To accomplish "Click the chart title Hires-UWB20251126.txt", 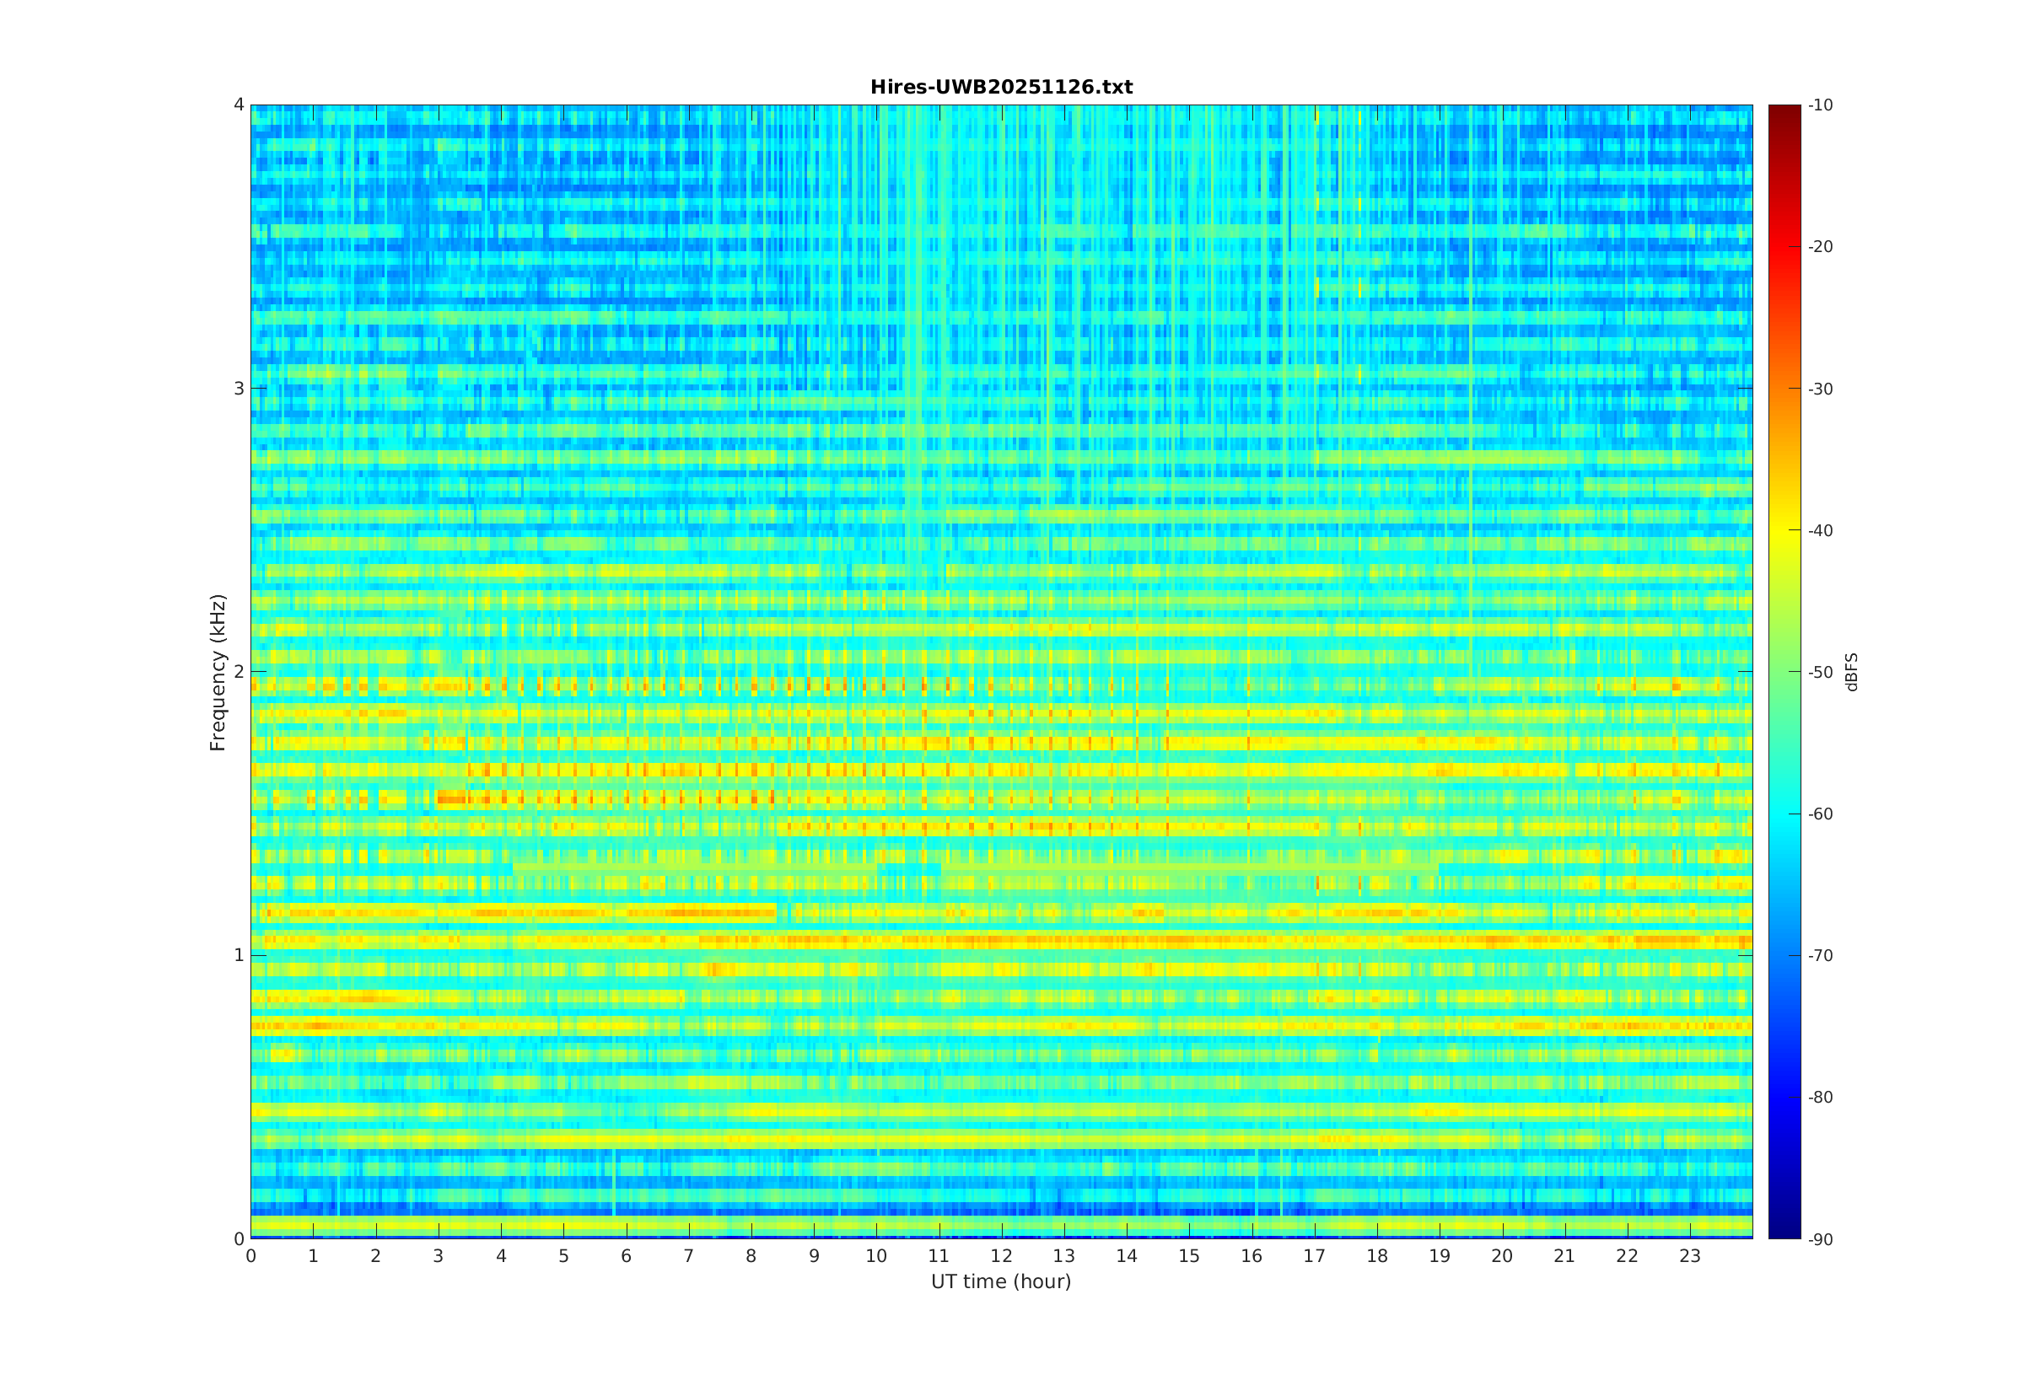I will tap(1001, 87).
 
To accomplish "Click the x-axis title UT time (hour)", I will tap(1001, 1281).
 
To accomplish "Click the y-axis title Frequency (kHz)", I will tap(218, 672).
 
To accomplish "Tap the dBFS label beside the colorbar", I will tap(1851, 672).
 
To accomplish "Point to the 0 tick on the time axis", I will tap(251, 1256).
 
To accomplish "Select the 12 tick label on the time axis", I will tap(1002, 1256).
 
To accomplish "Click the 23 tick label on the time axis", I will tap(1689, 1256).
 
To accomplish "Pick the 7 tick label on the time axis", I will tap(689, 1256).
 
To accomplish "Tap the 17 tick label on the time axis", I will tap(1315, 1256).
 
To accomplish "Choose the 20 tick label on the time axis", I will tap(1502, 1256).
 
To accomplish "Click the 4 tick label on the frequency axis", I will tap(238, 105).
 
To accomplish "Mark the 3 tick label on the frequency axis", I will tap(238, 389).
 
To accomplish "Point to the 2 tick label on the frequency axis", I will tap(238, 672).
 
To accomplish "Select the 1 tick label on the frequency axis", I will tap(238, 955).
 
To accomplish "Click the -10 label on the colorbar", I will tap(1820, 105).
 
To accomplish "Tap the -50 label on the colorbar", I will tap(1820, 672).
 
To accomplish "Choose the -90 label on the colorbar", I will tap(1820, 1239).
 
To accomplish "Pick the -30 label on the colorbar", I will tap(1820, 389).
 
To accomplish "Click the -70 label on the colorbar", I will tap(1820, 955).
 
